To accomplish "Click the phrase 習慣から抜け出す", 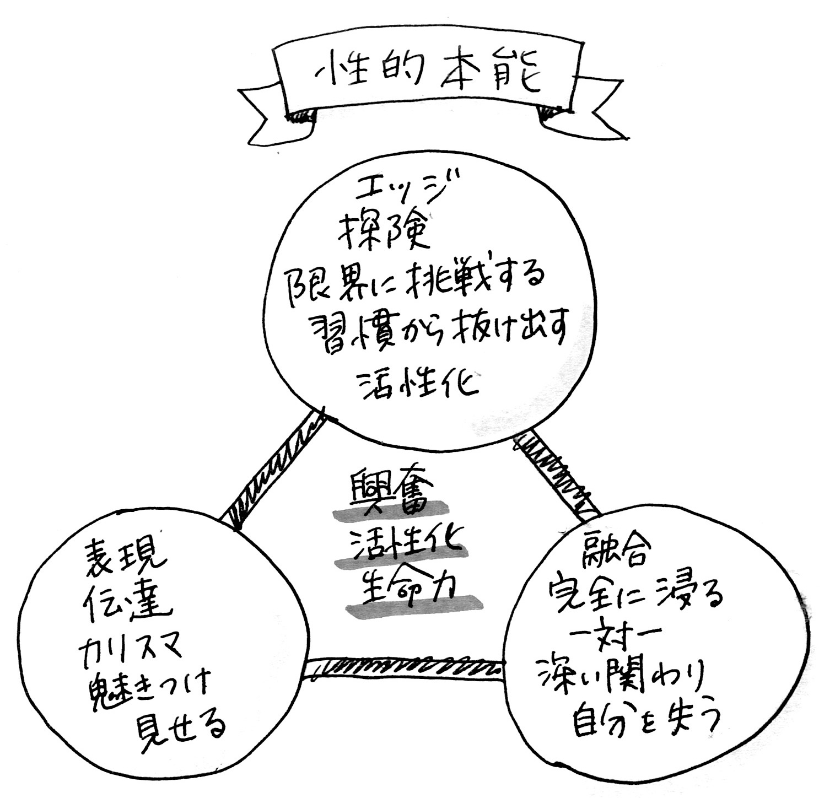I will pyautogui.click(x=437, y=331).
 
